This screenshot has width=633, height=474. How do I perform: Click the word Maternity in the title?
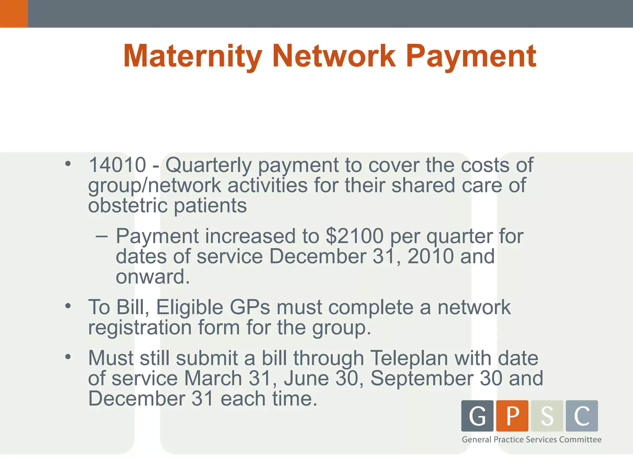click(193, 56)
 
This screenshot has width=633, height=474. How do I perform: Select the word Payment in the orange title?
click(471, 56)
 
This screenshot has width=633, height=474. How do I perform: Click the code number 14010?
click(117, 165)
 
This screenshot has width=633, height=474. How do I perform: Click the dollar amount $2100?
click(355, 236)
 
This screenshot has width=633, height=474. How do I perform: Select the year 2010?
click(431, 256)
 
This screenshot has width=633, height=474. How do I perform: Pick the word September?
click(422, 379)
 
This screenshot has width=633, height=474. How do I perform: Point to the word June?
click(307, 379)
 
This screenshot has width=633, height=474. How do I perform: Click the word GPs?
click(250, 307)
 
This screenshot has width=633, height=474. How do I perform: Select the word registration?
click(140, 327)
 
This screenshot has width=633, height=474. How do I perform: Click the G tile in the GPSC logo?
click(477, 416)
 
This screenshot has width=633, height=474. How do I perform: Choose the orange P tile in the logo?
click(512, 416)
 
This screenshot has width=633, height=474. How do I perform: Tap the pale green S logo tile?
click(547, 416)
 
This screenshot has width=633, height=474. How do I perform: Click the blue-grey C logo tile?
click(582, 416)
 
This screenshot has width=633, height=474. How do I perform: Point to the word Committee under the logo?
click(580, 439)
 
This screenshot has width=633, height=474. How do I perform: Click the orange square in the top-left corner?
click(14, 14)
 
